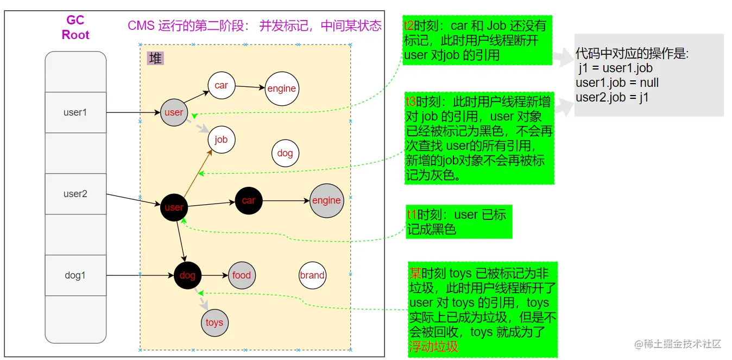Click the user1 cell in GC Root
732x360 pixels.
[75, 112]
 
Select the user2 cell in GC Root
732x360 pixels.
[75, 194]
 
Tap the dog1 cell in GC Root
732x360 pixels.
[75, 275]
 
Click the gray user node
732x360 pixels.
[174, 112]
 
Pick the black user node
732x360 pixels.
[174, 207]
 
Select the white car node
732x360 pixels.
[221, 85]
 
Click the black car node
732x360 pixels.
[249, 200]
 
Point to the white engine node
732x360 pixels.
[282, 89]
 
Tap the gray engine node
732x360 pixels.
[326, 200]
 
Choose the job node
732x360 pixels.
[221, 140]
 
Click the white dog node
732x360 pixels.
[285, 153]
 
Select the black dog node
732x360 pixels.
[187, 275]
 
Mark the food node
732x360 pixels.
[242, 275]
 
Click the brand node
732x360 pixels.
[312, 275]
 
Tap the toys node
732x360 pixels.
[214, 323]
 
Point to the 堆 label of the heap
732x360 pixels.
[156, 58]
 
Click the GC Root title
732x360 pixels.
[75, 28]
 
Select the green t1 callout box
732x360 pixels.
[459, 222]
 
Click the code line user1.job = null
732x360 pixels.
[617, 83]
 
